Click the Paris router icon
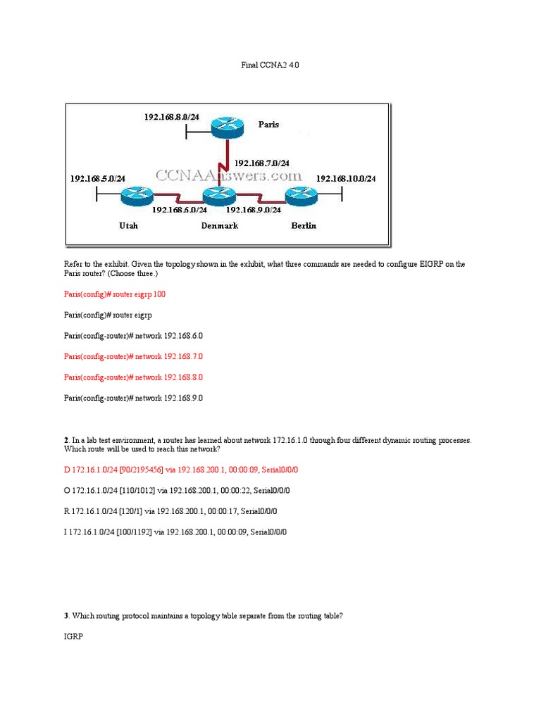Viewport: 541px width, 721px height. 227,127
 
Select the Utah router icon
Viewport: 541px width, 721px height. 137,196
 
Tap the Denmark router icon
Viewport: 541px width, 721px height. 220,196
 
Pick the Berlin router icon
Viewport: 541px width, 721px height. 301,196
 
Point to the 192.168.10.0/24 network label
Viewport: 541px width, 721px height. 346,179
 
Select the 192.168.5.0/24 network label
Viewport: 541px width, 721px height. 97,179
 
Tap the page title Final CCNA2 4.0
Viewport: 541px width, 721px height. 270,65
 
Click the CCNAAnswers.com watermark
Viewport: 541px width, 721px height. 228,175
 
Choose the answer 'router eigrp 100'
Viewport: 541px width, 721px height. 114,294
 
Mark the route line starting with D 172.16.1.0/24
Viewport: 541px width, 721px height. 176,469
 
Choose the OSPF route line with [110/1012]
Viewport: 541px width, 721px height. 176,490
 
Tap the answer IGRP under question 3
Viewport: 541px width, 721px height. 73,637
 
